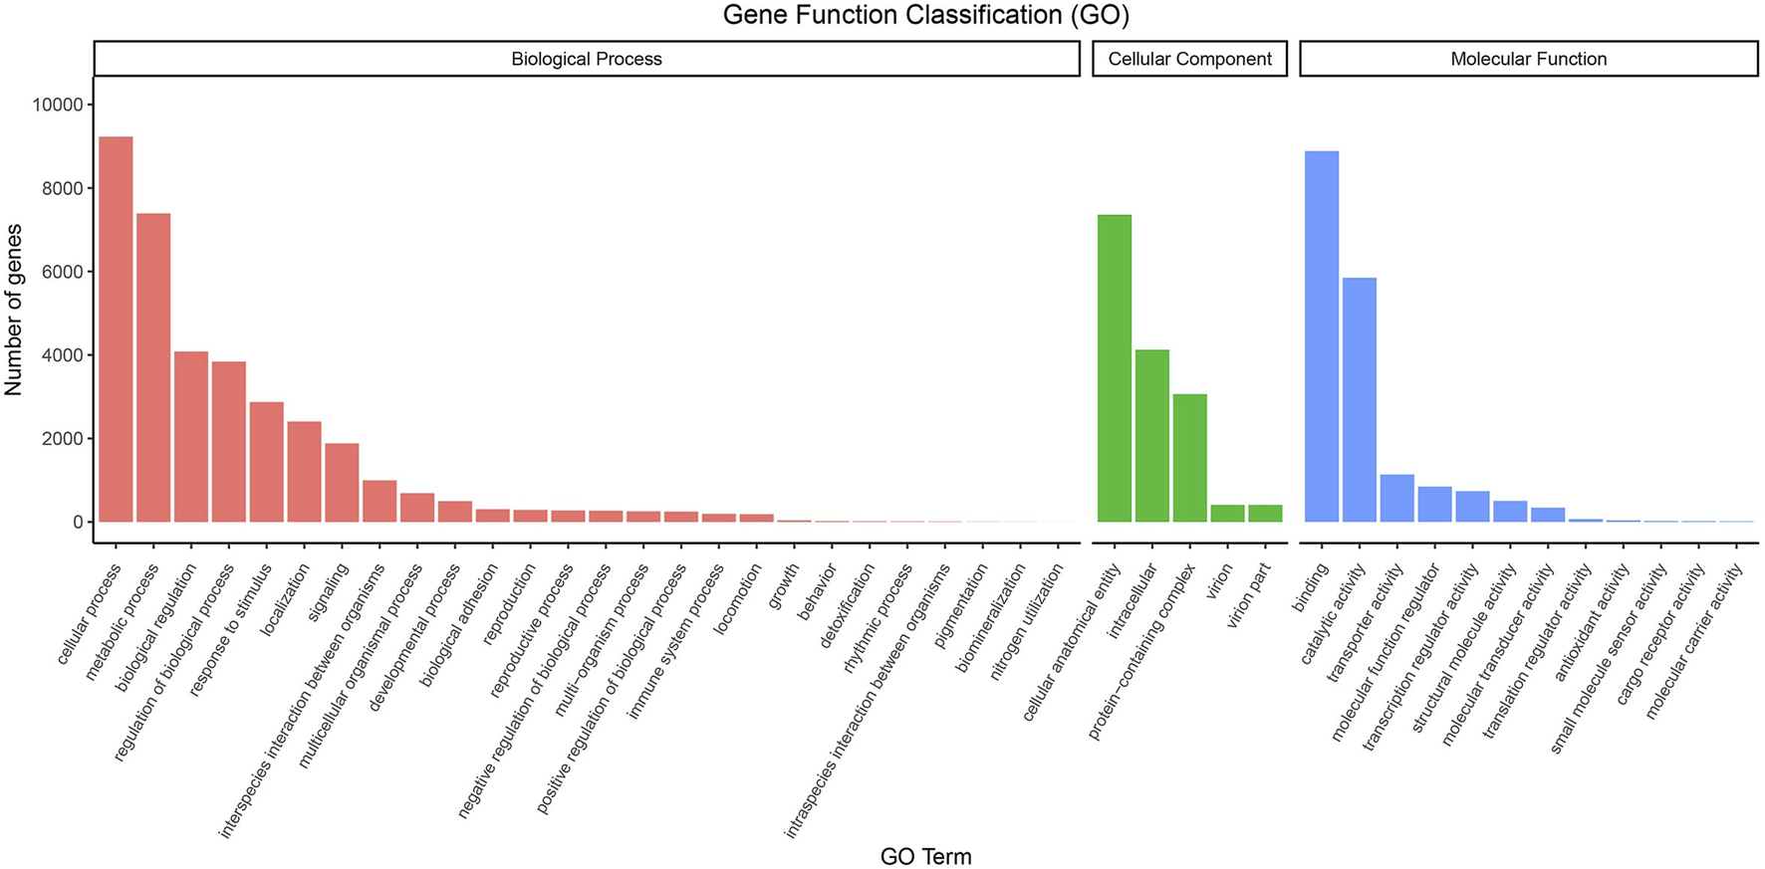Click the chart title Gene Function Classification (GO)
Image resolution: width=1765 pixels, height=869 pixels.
925,15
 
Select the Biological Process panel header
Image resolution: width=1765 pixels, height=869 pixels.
586,59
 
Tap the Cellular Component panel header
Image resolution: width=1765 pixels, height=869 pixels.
1189,59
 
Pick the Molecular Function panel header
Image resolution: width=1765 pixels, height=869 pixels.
1528,59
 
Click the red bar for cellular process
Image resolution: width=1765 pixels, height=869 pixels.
116,328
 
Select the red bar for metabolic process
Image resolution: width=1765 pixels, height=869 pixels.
153,367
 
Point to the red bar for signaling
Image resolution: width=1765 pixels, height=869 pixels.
342,483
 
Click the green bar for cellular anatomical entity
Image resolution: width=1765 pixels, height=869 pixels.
1115,368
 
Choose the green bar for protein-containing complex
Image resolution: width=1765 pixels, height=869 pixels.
1189,458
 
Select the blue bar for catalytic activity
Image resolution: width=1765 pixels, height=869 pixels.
1360,399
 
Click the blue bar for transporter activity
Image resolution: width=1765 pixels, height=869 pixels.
1397,498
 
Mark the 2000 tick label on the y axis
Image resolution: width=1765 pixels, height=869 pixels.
58,439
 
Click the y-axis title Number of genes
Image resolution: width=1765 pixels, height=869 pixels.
14,311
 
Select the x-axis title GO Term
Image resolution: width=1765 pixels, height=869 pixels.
925,856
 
